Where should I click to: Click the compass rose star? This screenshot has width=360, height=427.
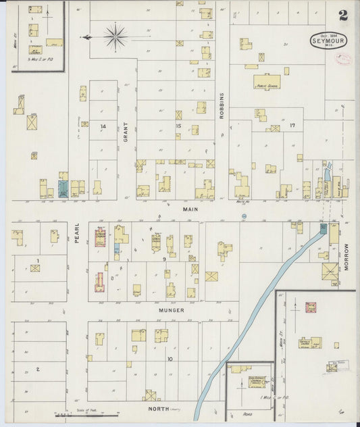coord(115,36)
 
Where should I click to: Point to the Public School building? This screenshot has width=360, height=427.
coord(267,82)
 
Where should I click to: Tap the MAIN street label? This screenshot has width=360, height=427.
coord(190,209)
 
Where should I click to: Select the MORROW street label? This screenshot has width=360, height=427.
coord(347,257)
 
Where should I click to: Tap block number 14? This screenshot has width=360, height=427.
coord(103,126)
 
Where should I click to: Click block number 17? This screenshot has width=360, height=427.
coord(292,126)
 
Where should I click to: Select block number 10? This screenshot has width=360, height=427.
coord(170,359)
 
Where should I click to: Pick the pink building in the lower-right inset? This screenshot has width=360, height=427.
coord(311,307)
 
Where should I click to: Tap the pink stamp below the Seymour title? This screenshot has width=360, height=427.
coord(343,59)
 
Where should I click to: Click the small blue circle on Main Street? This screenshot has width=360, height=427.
coord(245,216)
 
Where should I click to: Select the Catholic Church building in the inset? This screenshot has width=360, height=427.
coord(310,343)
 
